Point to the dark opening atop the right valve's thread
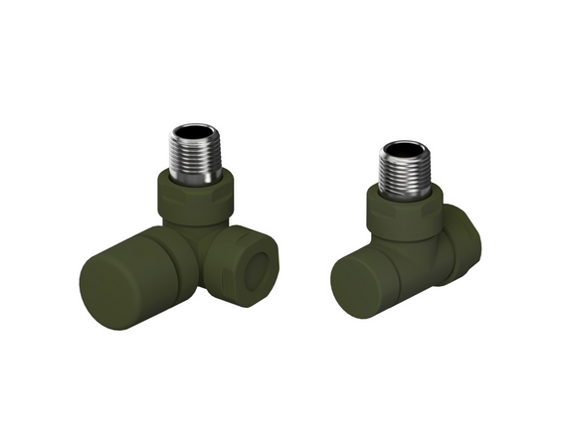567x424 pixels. point(404,150)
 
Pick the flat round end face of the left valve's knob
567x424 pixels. point(102,283)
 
